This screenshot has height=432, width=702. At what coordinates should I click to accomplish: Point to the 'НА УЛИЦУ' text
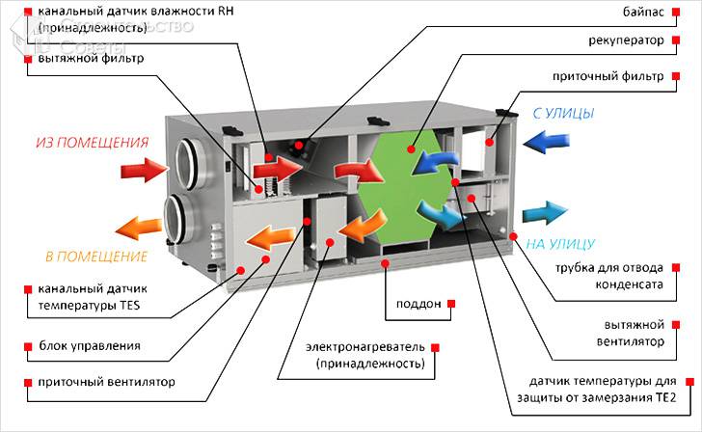(560, 245)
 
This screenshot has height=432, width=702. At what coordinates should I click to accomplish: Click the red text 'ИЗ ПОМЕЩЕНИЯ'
(92, 144)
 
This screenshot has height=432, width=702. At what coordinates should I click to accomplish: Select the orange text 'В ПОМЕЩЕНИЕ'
(95, 257)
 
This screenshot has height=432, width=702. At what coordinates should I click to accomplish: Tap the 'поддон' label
(418, 304)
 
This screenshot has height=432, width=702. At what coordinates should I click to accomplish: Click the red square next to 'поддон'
(451, 304)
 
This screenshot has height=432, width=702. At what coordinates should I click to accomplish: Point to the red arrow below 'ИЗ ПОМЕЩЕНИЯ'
(144, 172)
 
